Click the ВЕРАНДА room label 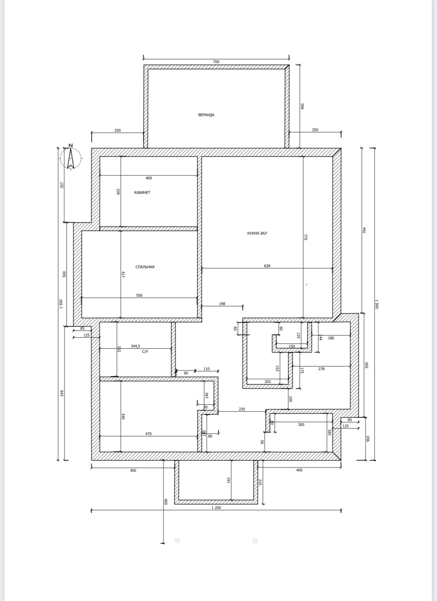tap(206, 115)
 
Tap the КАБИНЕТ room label tap(142, 193)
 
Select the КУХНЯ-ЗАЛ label tap(257, 233)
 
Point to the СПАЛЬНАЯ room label tap(145, 267)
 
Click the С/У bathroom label tap(145, 351)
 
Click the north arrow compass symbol tap(70, 157)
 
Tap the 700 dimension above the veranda tap(216, 62)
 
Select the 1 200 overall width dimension tap(216, 508)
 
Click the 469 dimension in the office tap(149, 178)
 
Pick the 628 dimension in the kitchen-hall tap(267, 266)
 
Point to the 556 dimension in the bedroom tap(139, 296)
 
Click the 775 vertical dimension tap(306, 237)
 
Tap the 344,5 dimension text tap(135, 346)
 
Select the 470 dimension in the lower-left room tap(149, 434)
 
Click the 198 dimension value tap(222, 303)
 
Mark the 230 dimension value tap(242, 409)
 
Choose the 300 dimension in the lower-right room tap(301, 424)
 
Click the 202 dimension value tap(268, 381)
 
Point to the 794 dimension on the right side tap(364, 230)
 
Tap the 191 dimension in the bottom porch tap(229, 480)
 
